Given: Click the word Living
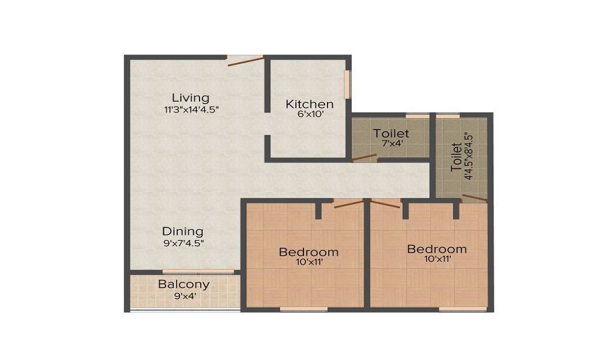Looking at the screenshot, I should point(190,97).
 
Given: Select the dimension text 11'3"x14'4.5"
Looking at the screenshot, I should point(190,110).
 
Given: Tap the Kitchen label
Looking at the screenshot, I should point(309,103).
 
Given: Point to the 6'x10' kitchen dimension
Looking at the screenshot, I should point(309,114).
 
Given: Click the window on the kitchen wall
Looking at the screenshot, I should point(346,84).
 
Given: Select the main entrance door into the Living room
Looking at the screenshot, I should point(245,58).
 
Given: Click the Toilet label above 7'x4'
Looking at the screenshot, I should point(391,133).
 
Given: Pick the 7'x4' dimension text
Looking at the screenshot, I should point(391,143).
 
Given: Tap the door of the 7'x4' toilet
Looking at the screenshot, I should point(364,158).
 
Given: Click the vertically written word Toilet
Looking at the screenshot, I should point(457,157).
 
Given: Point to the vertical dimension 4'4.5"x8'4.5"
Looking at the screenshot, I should point(469,157).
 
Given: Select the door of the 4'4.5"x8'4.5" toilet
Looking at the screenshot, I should point(474,198).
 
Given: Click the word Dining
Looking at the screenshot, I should point(183,231).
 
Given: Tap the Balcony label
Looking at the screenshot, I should point(184,285).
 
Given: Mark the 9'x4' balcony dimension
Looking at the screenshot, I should point(184,296).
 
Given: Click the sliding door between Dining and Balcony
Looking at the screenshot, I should point(198,272).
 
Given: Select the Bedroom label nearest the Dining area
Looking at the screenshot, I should point(308,251).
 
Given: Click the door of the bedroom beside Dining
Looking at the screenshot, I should point(349,203).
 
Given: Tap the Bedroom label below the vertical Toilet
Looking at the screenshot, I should point(436,248).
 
